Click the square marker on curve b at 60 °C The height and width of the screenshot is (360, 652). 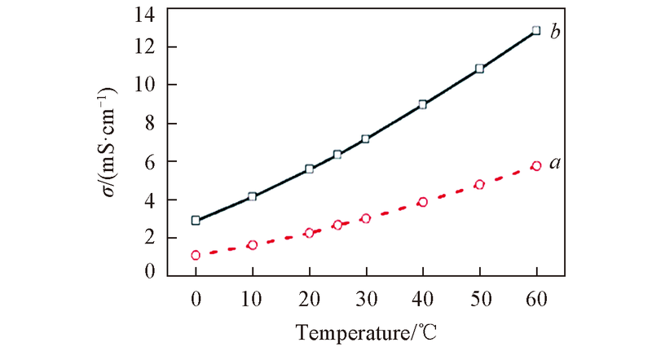pos(536,31)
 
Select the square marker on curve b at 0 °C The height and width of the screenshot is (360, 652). pos(196,220)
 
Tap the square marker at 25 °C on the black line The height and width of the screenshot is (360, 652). pos(337,154)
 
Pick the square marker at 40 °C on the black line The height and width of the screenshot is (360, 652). pos(423,104)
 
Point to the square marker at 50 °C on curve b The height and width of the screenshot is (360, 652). pos(480,69)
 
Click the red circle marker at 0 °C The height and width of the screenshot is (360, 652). pos(196,255)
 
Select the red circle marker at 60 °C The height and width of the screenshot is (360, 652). pos(536,165)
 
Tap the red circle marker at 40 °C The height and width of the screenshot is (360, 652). pos(423,202)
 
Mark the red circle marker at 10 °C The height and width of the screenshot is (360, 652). pos(253,244)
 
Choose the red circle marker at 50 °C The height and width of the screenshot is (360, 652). pos(480,185)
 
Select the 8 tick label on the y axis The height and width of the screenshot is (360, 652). pos(151,124)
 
